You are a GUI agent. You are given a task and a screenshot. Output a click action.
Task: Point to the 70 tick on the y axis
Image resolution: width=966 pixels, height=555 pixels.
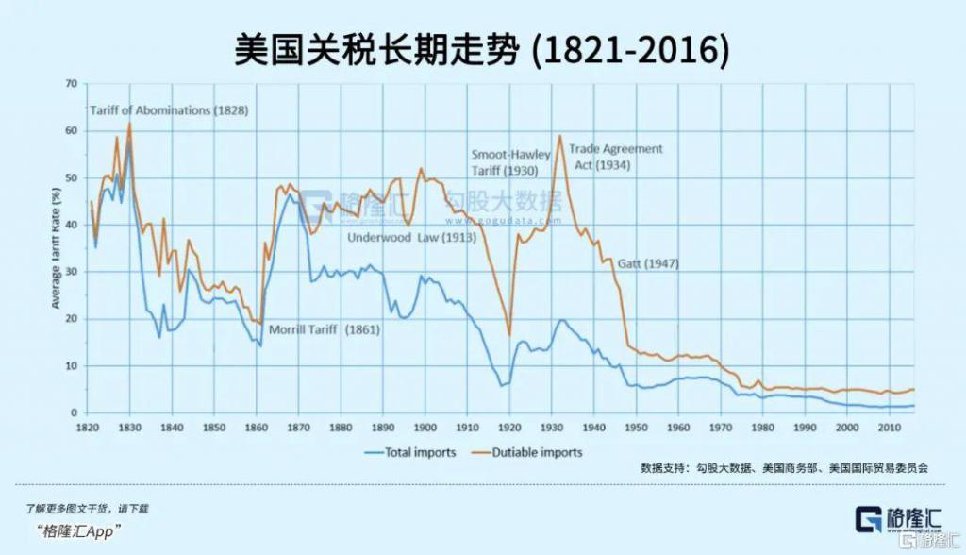click(x=70, y=84)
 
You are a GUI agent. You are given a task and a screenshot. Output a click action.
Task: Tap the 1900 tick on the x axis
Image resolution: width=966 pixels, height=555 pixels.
click(x=425, y=427)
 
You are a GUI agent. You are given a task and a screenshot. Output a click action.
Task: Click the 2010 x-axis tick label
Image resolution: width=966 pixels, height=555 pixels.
click(x=889, y=427)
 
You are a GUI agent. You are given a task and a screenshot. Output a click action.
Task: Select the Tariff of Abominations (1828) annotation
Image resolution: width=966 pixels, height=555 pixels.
click(x=169, y=110)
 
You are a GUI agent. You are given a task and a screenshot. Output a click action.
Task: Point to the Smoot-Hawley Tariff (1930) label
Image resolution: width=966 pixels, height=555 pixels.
click(x=510, y=161)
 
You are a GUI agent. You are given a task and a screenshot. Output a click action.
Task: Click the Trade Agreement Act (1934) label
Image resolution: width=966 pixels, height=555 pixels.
click(x=615, y=157)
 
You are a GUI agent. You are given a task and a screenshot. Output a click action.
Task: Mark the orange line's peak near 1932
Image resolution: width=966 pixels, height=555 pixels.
click(x=560, y=136)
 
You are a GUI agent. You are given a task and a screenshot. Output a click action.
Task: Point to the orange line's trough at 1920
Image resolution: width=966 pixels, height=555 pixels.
click(x=509, y=334)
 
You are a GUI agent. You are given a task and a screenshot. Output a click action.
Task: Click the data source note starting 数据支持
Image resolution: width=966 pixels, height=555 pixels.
click(x=785, y=467)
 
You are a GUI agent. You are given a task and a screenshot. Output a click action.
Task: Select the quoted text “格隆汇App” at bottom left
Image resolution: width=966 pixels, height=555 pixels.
click(x=79, y=531)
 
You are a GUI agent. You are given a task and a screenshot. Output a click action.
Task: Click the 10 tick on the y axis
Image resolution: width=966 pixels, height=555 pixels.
click(x=70, y=366)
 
